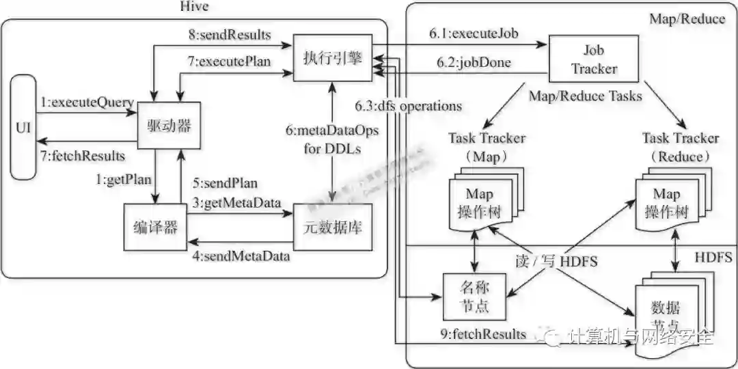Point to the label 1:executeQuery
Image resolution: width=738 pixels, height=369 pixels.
click(86, 102)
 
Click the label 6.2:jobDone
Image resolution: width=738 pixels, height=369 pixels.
click(474, 63)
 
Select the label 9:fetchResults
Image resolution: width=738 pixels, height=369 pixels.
click(484, 334)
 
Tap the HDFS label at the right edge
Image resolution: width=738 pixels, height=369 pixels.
click(713, 258)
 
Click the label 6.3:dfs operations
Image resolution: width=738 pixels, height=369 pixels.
click(408, 106)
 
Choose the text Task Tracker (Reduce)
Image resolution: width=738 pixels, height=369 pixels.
click(680, 147)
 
